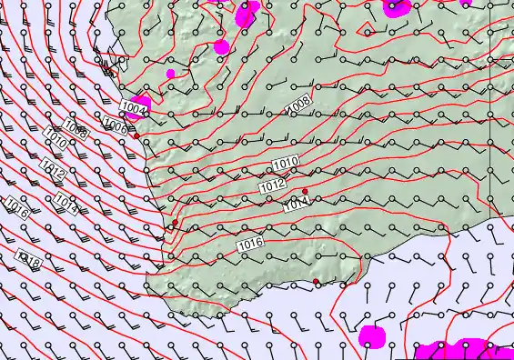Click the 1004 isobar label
click(134, 108)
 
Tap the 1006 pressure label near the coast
click(115, 126)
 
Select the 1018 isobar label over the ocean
click(30, 260)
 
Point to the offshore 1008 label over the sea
click(76, 131)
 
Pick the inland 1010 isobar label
click(286, 163)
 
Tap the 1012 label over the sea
click(52, 169)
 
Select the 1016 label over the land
click(250, 244)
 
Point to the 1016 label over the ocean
click(16, 207)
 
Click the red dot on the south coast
click(317, 282)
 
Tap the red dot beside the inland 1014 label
click(305, 191)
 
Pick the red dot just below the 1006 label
click(136, 137)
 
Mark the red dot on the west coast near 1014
click(175, 222)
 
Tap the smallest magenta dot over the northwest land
click(170, 74)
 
